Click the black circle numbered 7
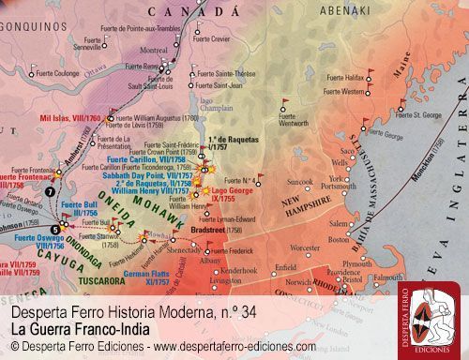pos(49,191)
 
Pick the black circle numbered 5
pos(55,227)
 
